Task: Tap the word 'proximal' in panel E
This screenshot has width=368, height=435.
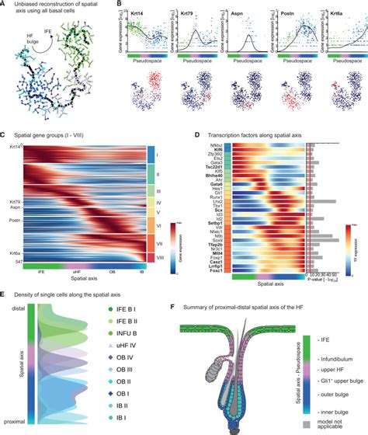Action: click(x=19, y=420)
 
